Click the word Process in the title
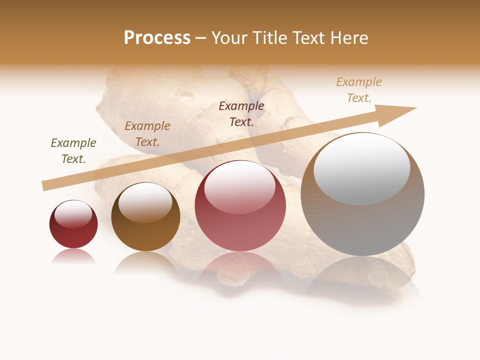tap(157, 38)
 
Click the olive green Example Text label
tap(73, 151)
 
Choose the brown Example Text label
tap(147, 134)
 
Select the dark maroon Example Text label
tap(241, 113)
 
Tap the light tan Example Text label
tap(359, 90)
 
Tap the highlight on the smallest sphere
tap(73, 214)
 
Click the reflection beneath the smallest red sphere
tap(73, 257)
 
